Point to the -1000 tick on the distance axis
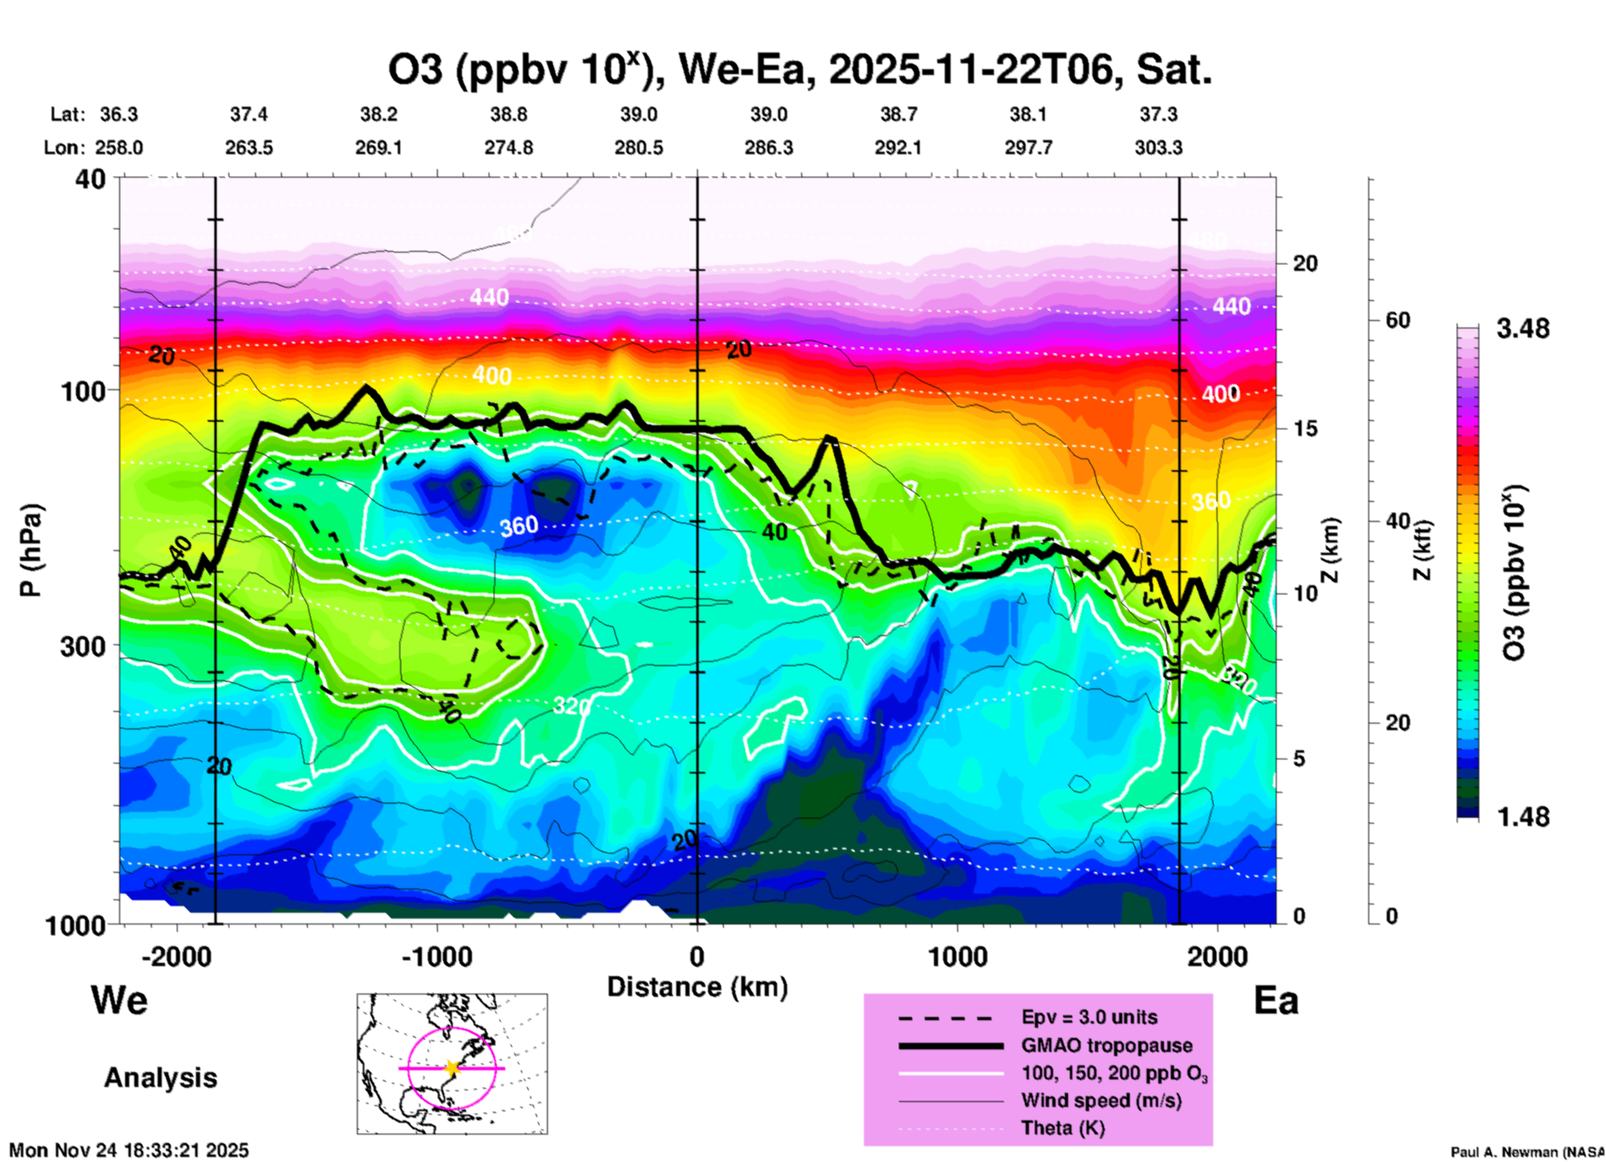click(x=436, y=956)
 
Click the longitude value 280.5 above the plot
click(x=639, y=148)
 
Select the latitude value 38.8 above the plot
click(x=509, y=114)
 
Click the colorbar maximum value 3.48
click(x=1523, y=328)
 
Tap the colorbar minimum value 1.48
click(x=1523, y=816)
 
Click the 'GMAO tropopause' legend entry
click(x=1107, y=1045)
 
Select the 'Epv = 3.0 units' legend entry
click(x=1089, y=1017)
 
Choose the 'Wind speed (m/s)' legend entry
click(x=1101, y=1100)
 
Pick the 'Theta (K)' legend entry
click(x=1062, y=1128)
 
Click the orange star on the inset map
click(x=452, y=1068)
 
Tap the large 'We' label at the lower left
click(x=119, y=999)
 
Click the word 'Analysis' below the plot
click(x=160, y=1077)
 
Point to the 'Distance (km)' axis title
click(x=697, y=987)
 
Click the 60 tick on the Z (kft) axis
click(x=1398, y=320)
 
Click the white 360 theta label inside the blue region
click(x=519, y=526)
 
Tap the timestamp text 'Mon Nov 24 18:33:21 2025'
click(x=129, y=1150)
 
